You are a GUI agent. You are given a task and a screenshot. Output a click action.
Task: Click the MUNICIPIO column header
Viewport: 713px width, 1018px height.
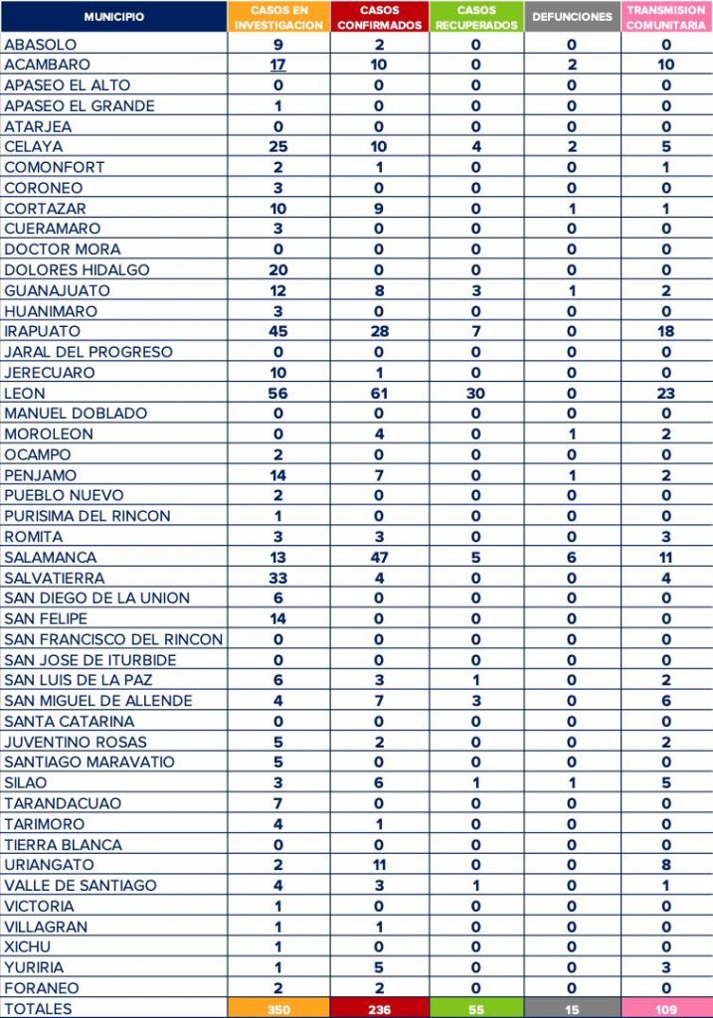[113, 17]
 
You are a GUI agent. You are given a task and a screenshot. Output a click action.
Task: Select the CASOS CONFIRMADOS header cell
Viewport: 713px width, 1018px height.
[379, 17]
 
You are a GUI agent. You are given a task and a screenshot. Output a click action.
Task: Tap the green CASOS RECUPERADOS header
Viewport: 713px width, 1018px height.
[476, 17]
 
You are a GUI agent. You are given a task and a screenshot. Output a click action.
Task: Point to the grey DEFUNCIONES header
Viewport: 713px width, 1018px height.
[572, 17]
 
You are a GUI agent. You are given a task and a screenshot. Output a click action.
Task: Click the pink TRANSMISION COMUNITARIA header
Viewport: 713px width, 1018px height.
[665, 17]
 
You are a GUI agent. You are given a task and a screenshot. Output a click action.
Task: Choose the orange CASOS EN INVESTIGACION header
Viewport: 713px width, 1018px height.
[278, 17]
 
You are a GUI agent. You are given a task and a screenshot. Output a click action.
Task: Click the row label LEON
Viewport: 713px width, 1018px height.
[25, 394]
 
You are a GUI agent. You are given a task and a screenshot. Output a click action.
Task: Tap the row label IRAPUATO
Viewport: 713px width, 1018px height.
[42, 332]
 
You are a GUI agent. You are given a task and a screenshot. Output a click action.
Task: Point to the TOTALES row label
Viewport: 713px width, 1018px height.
[39, 1008]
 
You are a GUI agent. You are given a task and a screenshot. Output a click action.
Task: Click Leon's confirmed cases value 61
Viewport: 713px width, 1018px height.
[379, 394]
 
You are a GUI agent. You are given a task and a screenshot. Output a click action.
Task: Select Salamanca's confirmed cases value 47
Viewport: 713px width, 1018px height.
[379, 558]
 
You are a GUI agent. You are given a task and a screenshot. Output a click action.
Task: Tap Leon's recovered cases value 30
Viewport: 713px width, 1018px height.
[476, 394]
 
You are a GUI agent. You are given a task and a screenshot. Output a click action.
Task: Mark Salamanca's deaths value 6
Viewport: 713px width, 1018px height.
[572, 558]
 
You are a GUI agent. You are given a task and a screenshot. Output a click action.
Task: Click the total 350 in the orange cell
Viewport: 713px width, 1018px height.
[278, 1008]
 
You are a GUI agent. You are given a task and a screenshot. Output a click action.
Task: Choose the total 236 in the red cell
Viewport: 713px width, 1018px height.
[379, 1008]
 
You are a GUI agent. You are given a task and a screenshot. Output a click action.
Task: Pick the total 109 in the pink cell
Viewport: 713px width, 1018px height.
[665, 1008]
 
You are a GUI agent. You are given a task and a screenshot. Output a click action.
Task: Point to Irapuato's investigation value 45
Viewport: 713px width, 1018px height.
[278, 332]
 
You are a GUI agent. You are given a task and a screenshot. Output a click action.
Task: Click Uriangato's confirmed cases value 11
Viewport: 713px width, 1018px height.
[379, 865]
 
